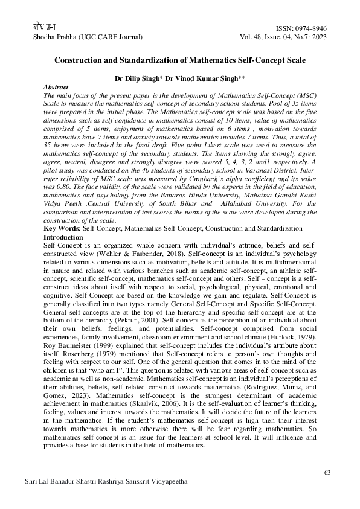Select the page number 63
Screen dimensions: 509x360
328,472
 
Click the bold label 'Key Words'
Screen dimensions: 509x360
62,229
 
